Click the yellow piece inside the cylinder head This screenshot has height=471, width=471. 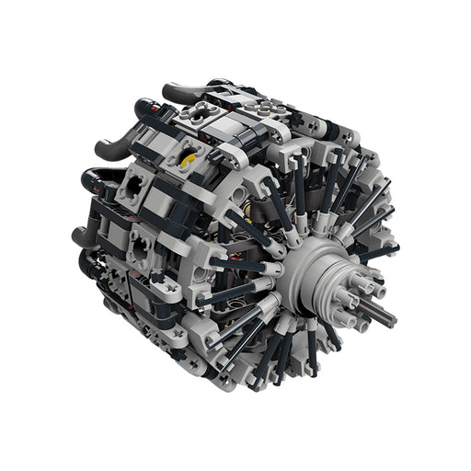click(x=190, y=158)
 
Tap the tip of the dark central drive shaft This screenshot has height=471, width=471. click(x=394, y=319)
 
